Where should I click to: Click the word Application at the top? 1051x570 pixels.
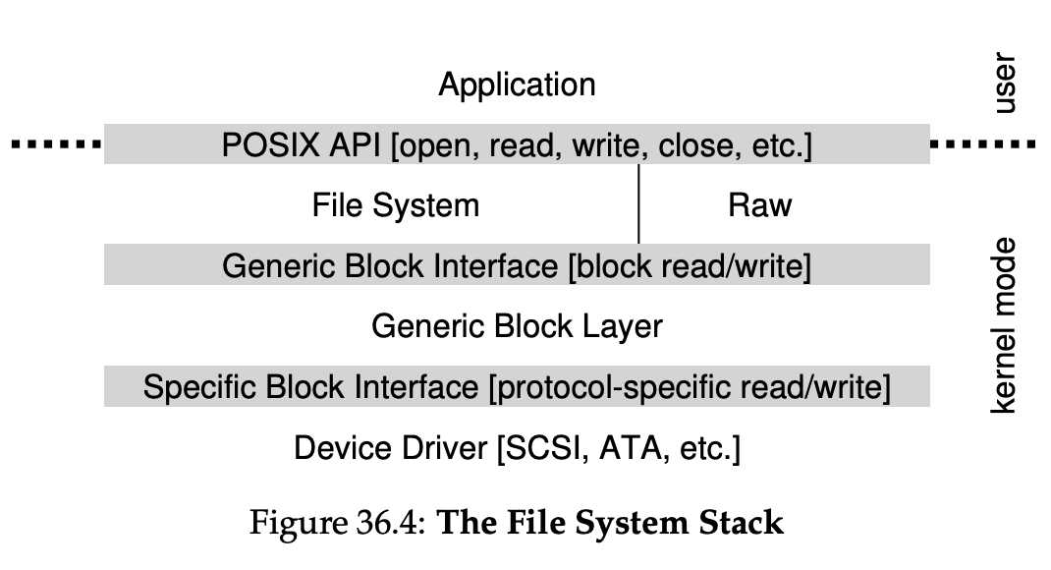coord(517,85)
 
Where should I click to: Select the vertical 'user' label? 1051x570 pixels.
coord(1004,85)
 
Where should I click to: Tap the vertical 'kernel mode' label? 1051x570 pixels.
coord(1004,325)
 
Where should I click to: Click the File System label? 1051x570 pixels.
coord(396,205)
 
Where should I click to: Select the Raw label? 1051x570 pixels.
coord(760,205)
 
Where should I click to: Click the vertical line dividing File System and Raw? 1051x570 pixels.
coord(639,204)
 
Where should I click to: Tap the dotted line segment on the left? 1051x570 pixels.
coord(54,145)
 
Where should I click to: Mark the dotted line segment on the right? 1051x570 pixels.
coord(982,145)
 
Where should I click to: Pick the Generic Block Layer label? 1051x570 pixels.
coord(517,326)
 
